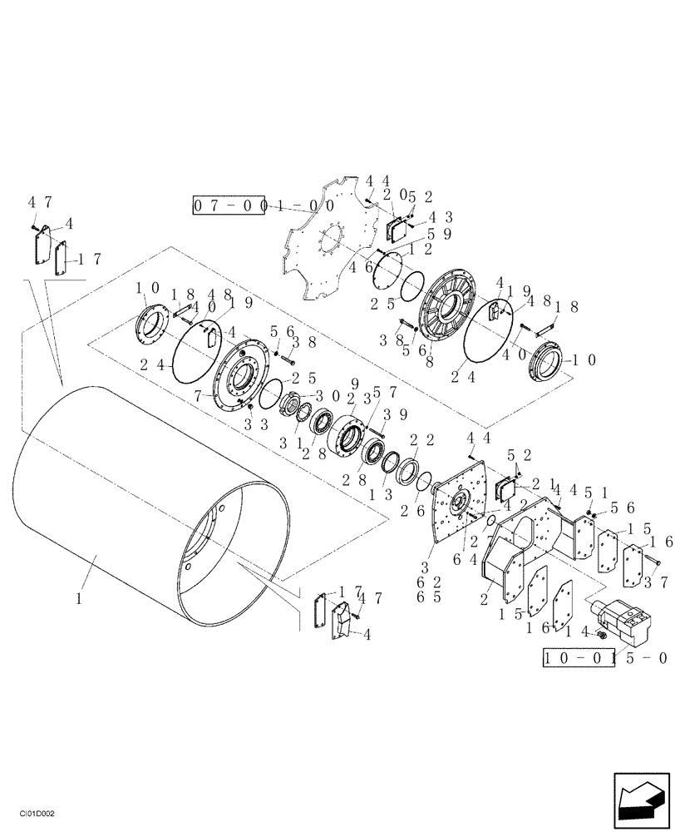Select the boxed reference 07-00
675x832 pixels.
229,205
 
